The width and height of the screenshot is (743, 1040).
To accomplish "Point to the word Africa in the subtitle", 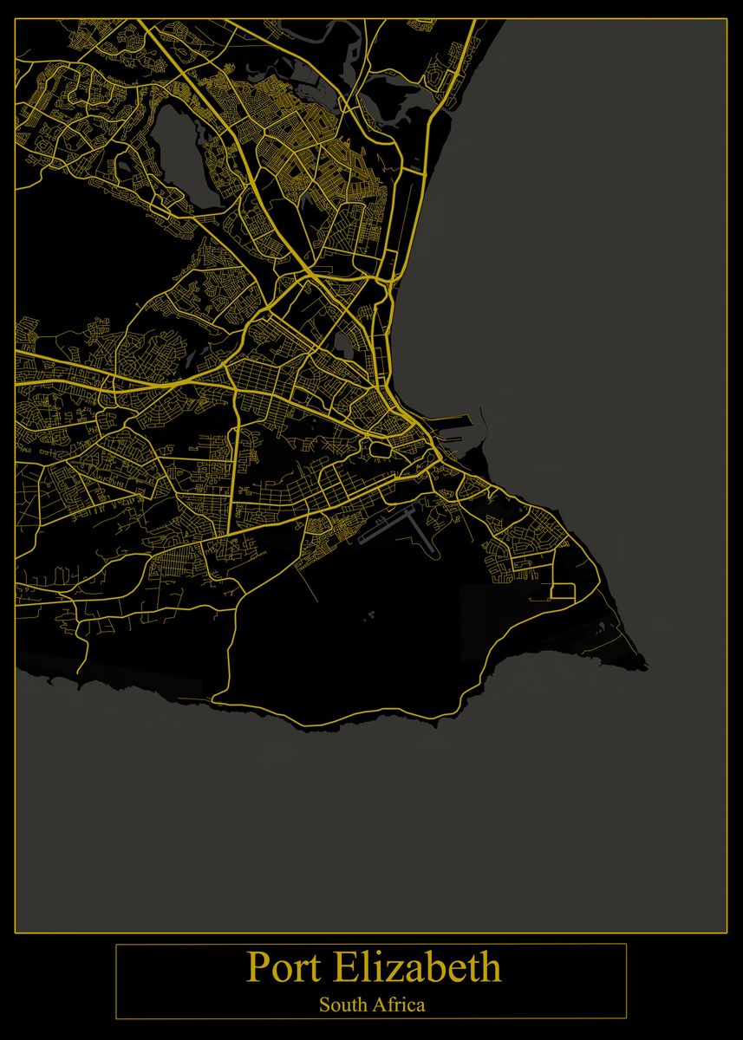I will point(400,1005).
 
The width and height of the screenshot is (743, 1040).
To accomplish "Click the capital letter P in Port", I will point(257,967).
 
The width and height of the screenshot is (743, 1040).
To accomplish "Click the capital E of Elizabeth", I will point(349,967).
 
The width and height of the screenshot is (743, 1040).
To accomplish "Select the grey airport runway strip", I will point(387,530).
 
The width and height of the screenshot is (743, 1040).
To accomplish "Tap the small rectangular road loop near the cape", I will point(562,592).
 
